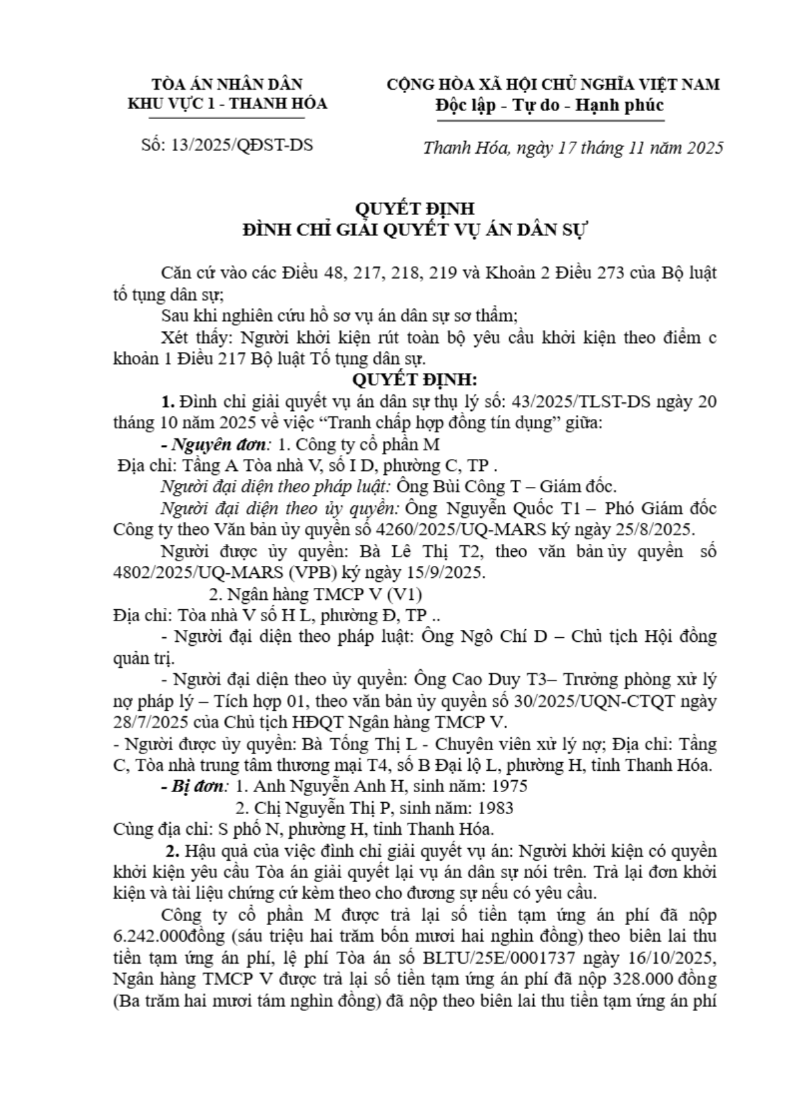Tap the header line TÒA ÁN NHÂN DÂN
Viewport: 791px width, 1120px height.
(x=227, y=84)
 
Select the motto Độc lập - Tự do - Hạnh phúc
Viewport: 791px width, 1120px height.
(x=549, y=105)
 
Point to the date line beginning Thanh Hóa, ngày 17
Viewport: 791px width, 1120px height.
(x=573, y=148)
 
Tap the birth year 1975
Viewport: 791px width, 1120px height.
(x=508, y=786)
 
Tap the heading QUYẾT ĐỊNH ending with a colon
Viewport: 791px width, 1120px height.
(x=415, y=380)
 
